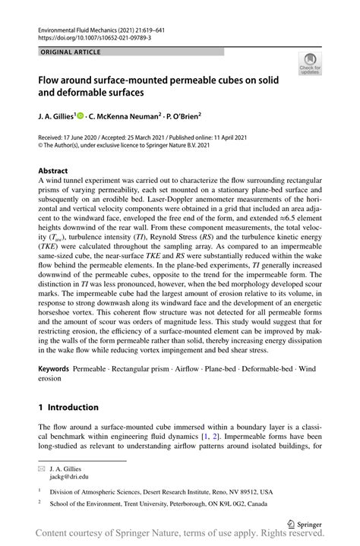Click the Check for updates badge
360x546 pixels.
coord(311,65)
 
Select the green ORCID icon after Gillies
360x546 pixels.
coord(80,116)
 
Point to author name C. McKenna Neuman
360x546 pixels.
coord(122,117)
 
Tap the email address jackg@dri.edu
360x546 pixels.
coord(69,477)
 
